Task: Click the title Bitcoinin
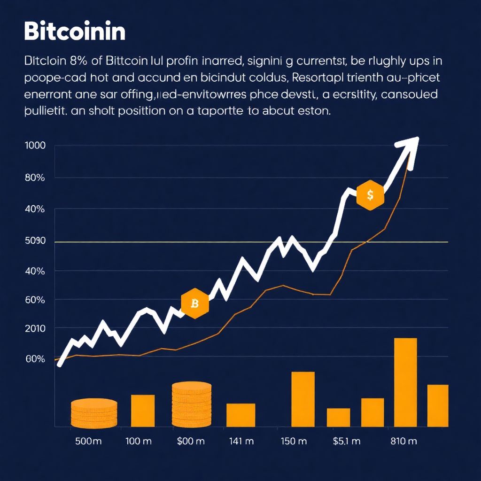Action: coord(74,32)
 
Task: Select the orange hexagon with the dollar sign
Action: coord(370,194)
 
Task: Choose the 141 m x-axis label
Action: coord(241,442)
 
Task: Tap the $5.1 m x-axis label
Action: coord(346,442)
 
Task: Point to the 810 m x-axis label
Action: coord(403,442)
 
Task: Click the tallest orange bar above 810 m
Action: coord(405,382)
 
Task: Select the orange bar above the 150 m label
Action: coord(303,399)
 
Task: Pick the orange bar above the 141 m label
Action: coord(240,415)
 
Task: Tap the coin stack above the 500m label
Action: coord(94,412)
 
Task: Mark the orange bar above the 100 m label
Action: coord(142,411)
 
